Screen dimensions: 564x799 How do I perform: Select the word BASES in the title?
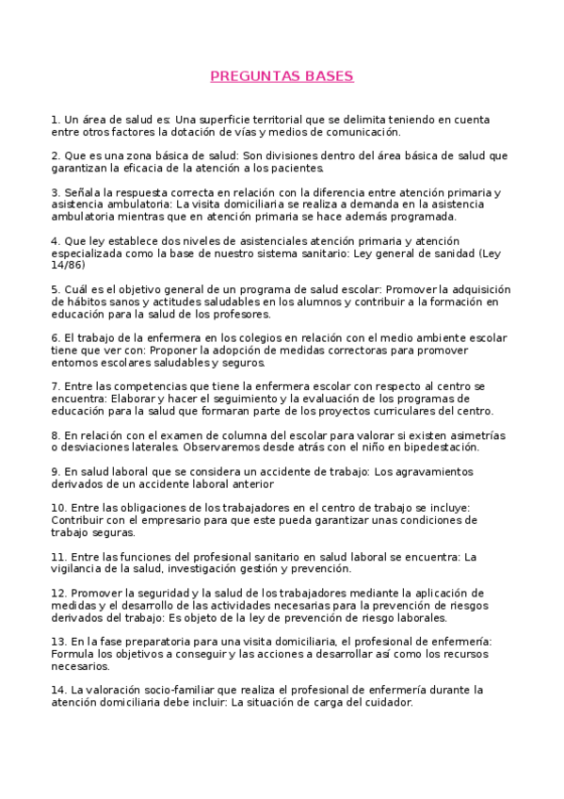pos(325,76)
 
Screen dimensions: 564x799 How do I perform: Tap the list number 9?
pos(55,471)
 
